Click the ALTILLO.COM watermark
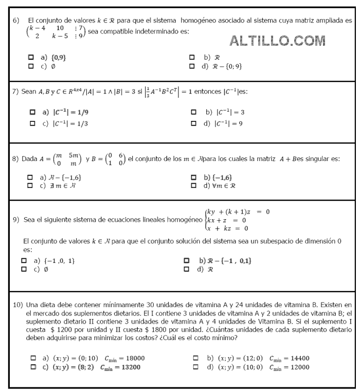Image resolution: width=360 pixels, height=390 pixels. tap(277, 41)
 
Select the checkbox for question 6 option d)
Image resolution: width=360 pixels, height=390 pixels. tap(192, 66)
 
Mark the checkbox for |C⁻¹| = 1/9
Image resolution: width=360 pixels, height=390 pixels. tap(33, 112)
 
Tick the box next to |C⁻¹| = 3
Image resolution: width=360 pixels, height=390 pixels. tap(194, 112)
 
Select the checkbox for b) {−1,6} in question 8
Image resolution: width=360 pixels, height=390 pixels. tap(193, 177)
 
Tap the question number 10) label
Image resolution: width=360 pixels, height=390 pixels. tap(17, 305)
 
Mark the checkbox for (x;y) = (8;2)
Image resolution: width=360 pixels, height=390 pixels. tap(33, 367)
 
